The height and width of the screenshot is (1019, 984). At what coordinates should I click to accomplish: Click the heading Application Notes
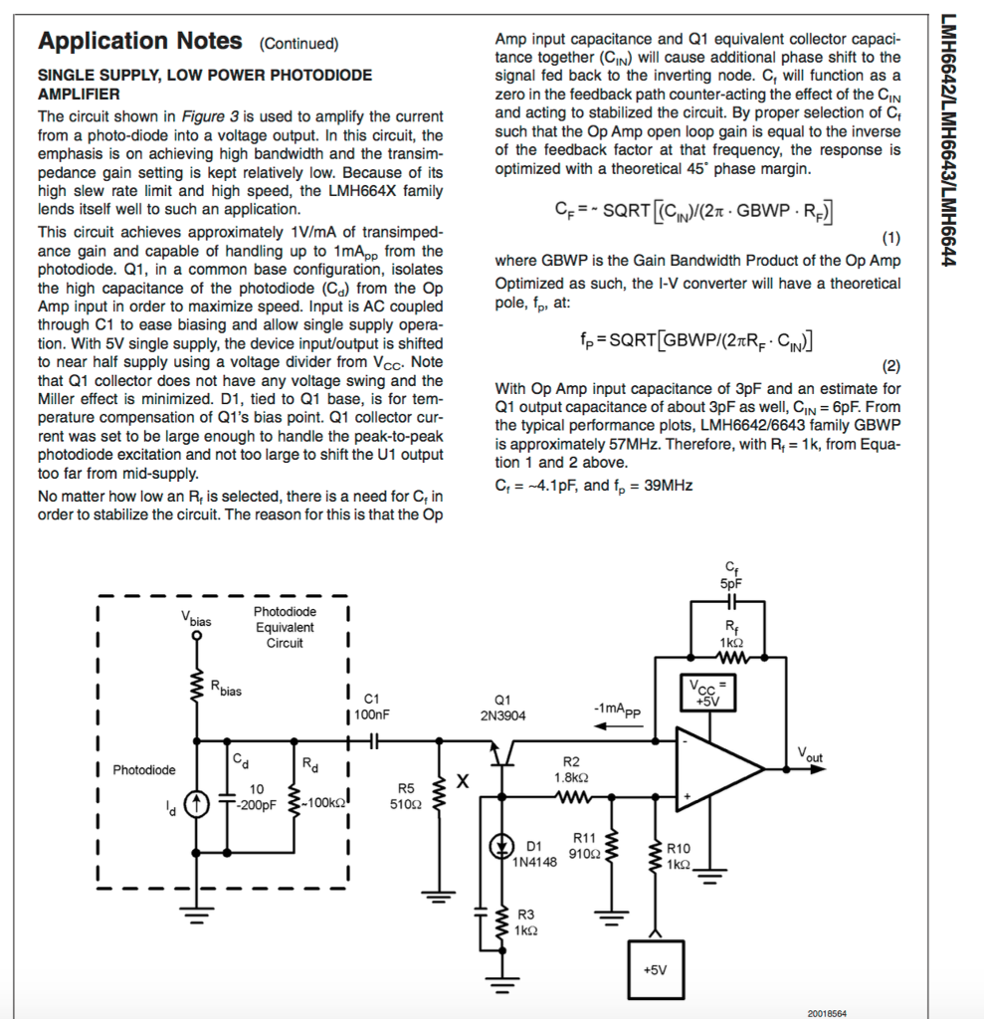[139, 41]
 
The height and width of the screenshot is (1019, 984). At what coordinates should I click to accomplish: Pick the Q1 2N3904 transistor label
[502, 708]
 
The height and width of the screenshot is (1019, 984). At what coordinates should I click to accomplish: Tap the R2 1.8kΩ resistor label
[571, 768]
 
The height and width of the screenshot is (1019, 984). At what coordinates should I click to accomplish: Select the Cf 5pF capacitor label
[731, 575]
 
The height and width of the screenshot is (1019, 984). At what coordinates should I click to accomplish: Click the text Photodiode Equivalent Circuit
[285, 627]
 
